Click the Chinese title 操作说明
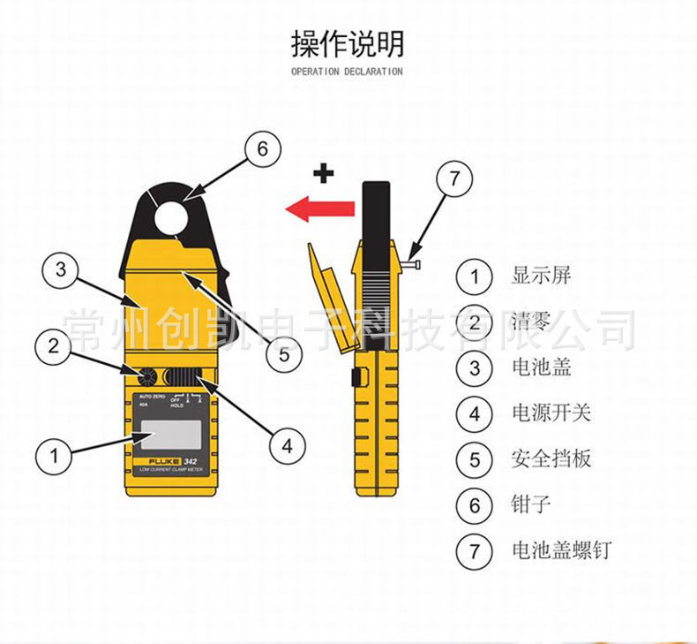pyautogui.click(x=348, y=42)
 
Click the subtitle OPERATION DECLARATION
pyautogui.click(x=348, y=72)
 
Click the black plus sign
pyautogui.click(x=325, y=173)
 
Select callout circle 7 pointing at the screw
pyautogui.click(x=453, y=179)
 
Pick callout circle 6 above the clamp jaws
pyautogui.click(x=262, y=149)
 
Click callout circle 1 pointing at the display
pyautogui.click(x=55, y=456)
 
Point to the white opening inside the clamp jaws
pyautogui.click(x=175, y=215)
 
